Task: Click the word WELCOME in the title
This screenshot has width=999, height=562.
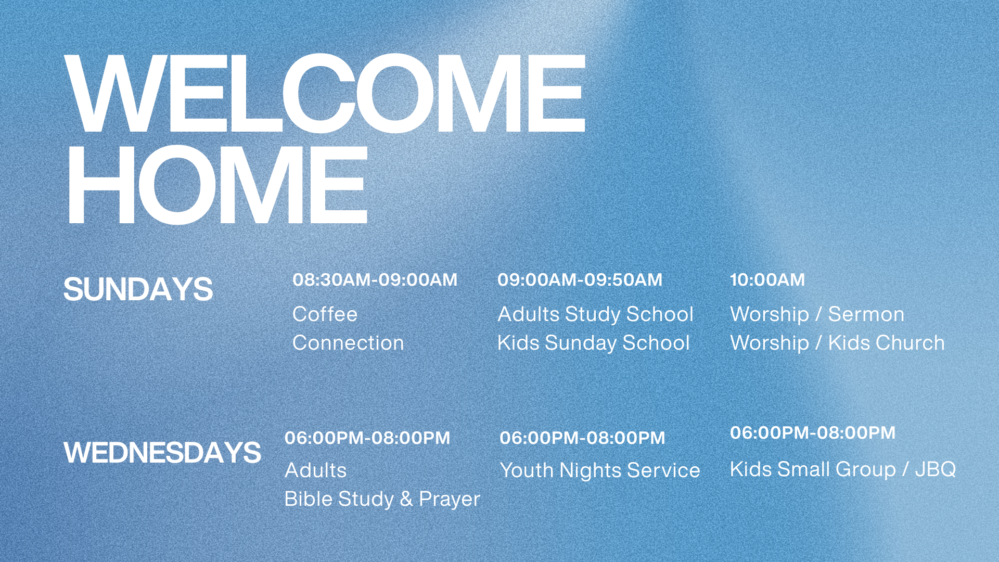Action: [325, 94]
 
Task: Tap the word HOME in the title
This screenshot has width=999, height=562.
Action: [217, 185]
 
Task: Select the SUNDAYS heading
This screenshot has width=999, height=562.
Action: [138, 289]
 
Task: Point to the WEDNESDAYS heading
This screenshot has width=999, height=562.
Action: [162, 452]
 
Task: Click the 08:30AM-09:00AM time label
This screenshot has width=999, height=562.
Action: [375, 280]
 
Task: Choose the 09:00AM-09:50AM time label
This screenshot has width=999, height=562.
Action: [580, 280]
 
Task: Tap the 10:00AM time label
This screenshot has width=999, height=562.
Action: [767, 280]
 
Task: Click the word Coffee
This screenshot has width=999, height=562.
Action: [325, 314]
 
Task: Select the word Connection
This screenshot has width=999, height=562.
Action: [348, 342]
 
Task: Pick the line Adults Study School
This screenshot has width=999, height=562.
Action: [596, 314]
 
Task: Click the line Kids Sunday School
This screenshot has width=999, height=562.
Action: [594, 343]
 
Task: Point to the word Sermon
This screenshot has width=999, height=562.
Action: [866, 314]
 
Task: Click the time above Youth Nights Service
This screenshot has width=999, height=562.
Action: [583, 438]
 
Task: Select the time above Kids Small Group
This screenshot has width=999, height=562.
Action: [813, 433]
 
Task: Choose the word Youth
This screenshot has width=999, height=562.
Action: [527, 470]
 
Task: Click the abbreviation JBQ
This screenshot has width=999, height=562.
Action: [936, 469]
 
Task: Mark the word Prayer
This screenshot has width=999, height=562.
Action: [450, 500]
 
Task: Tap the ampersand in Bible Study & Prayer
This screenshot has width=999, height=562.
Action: [406, 499]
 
